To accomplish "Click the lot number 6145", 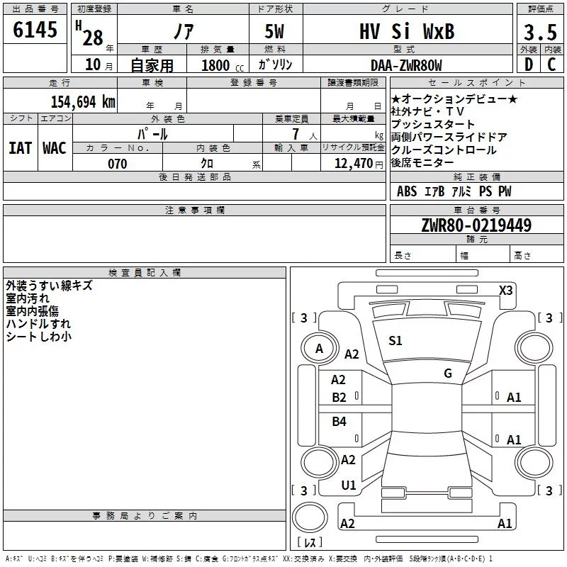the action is pyautogui.click(x=35, y=29).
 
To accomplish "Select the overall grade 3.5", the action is pyautogui.click(x=540, y=32).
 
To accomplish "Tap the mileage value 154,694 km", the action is pyautogui.click(x=83, y=101).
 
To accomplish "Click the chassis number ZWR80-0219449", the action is pyautogui.click(x=476, y=225).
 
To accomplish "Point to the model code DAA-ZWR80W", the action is pyautogui.click(x=406, y=65).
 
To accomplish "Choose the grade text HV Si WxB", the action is pyautogui.click(x=407, y=31).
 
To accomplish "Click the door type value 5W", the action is pyautogui.click(x=274, y=31).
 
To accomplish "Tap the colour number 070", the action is pyautogui.click(x=118, y=164).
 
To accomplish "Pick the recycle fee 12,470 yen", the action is pyautogui.click(x=359, y=164).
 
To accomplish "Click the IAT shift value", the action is pyautogui.click(x=20, y=148).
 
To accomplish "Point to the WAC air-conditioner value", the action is pyautogui.click(x=55, y=148).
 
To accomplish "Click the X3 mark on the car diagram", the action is pyautogui.click(x=505, y=291).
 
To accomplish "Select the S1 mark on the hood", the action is pyautogui.click(x=395, y=340).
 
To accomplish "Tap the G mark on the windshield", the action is pyautogui.click(x=448, y=373).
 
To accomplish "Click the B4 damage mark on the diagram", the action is pyautogui.click(x=339, y=421).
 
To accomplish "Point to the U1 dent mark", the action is pyautogui.click(x=349, y=485).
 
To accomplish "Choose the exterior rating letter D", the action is pyautogui.click(x=529, y=64).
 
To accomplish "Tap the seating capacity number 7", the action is pyautogui.click(x=296, y=134).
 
